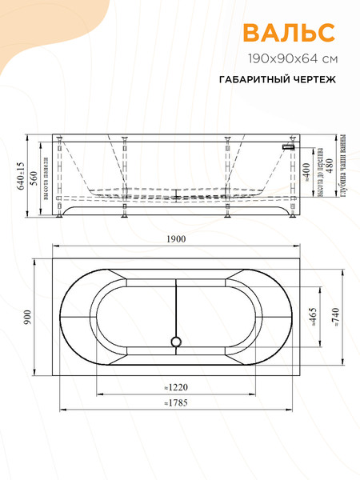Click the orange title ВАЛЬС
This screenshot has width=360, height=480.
tap(289, 33)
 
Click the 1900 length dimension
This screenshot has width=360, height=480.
tap(176, 239)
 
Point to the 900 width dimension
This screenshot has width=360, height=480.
tap(26, 317)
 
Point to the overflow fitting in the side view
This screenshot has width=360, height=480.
tap(290, 146)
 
